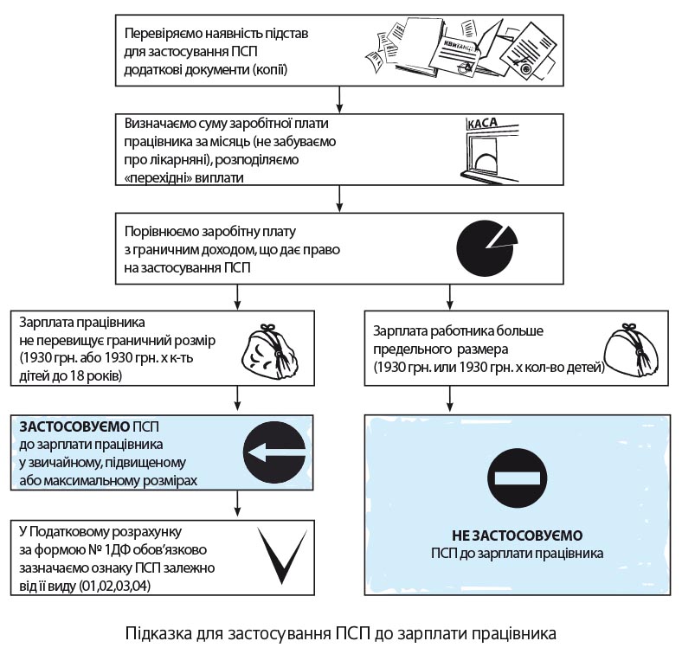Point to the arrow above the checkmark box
tap(236, 503)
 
